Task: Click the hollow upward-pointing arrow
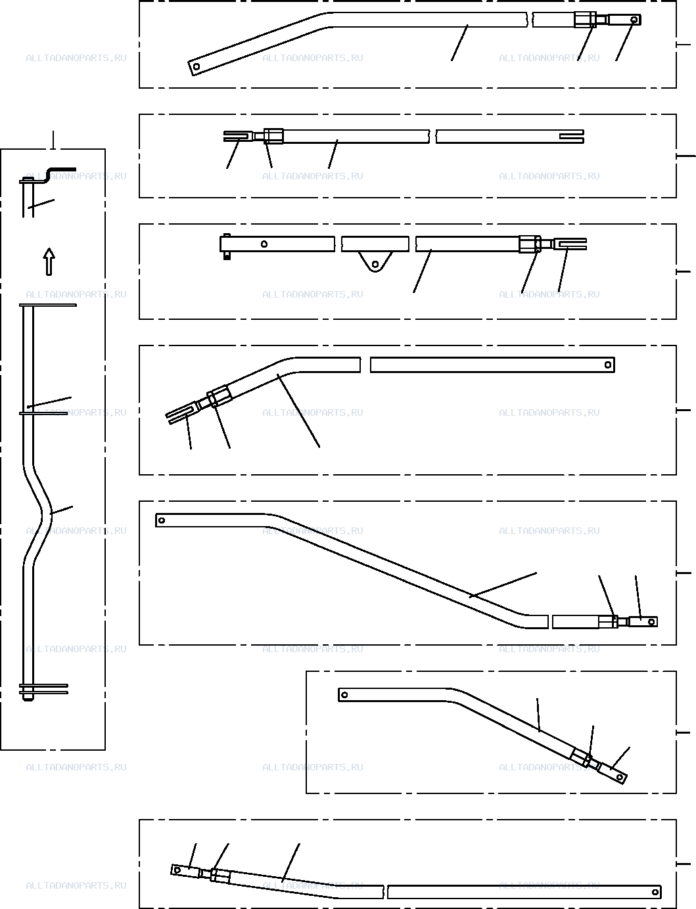49,261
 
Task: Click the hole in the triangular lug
375,264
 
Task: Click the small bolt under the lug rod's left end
227,256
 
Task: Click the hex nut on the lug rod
530,244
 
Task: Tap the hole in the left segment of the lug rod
264,244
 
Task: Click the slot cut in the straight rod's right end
571,136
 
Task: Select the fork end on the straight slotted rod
238,136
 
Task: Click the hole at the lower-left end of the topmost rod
197,66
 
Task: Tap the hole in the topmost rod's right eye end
634,20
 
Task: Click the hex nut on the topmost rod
585,20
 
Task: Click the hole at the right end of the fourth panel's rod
608,365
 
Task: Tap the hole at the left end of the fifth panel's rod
162,521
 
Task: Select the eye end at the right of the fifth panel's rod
643,622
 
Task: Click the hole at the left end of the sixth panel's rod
344,695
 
